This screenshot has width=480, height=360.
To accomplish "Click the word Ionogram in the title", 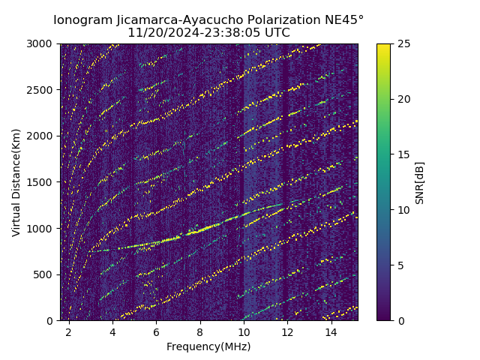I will [82, 20].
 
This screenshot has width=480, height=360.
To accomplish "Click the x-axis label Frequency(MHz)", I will [208, 346].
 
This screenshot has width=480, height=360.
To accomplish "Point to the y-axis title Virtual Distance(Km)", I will [16, 182].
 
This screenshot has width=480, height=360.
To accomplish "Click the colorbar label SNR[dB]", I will [420, 182].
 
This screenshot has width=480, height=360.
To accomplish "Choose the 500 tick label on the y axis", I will [46, 274].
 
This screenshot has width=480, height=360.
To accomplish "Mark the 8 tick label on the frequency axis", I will [200, 332].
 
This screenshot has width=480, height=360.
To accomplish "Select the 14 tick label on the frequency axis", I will [331, 332].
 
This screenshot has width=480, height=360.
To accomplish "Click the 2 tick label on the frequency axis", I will [69, 332].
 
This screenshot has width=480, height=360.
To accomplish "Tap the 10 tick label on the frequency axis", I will [244, 332].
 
